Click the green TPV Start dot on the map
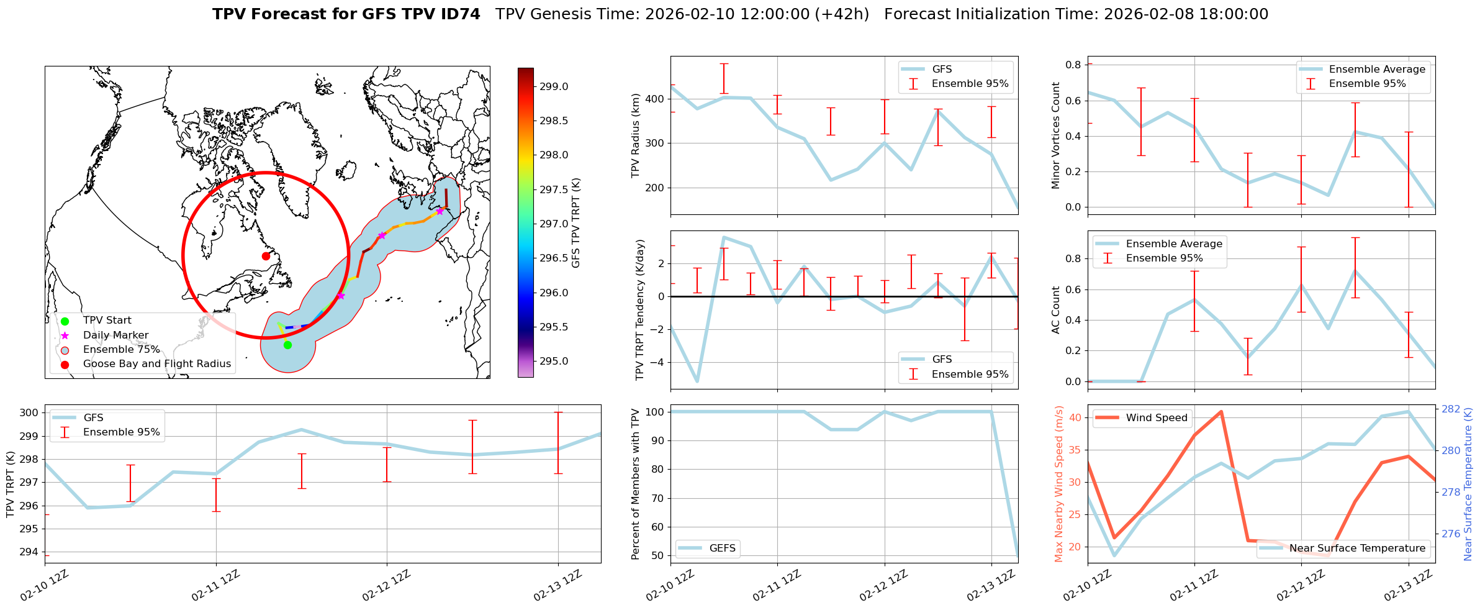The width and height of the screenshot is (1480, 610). click(x=287, y=345)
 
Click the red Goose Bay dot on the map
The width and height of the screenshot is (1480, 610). click(x=266, y=256)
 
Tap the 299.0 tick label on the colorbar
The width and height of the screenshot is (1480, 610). click(x=554, y=86)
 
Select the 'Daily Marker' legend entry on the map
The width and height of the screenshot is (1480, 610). click(x=115, y=335)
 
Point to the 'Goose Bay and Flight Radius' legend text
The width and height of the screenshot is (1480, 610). click(x=156, y=364)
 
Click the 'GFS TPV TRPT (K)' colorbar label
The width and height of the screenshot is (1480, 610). click(x=576, y=223)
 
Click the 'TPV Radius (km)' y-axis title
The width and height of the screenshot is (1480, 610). click(x=635, y=135)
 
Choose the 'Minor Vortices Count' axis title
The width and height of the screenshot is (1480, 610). click(x=1055, y=135)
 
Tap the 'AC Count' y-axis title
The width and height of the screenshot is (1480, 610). click(x=1055, y=310)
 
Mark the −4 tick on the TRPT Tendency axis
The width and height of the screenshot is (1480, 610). click(x=658, y=363)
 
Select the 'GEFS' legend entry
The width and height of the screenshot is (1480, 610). click(x=722, y=549)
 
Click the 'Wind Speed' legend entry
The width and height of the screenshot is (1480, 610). click(x=1156, y=418)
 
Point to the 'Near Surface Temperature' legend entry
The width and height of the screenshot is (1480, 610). click(x=1356, y=549)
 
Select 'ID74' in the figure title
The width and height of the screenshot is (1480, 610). click(x=459, y=14)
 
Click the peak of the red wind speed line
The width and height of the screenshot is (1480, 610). click(x=1221, y=411)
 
